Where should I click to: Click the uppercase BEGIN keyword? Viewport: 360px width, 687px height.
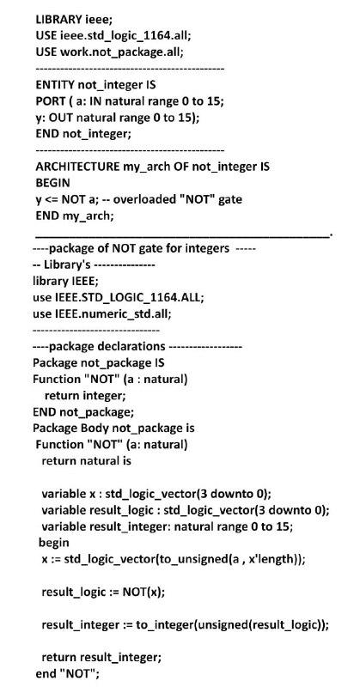tap(52, 183)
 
